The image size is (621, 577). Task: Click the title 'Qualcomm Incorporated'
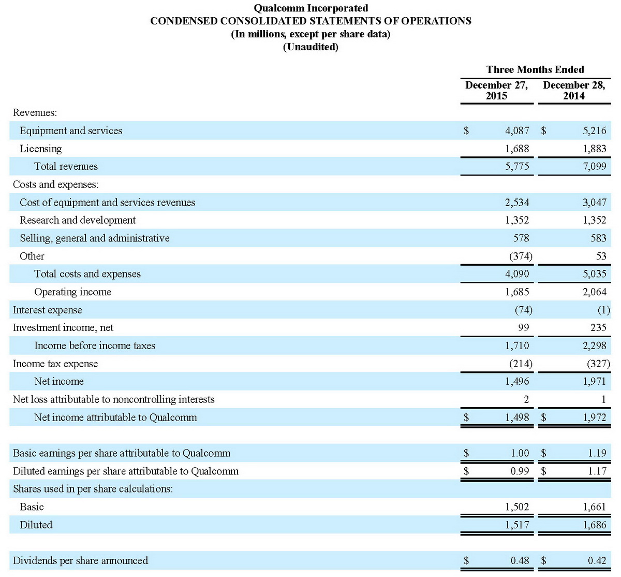[x=310, y=8]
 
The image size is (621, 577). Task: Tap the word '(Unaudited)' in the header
[x=310, y=47]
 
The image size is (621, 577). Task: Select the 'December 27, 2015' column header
[x=496, y=91]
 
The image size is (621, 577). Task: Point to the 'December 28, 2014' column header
[x=574, y=91]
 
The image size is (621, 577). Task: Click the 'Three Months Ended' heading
[x=535, y=70]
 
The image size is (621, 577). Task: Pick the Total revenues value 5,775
[x=517, y=167]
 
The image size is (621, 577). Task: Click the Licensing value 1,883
[x=594, y=149]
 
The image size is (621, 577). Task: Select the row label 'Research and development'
[x=78, y=220]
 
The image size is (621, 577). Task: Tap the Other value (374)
[x=521, y=256]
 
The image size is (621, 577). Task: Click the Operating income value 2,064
[x=594, y=292]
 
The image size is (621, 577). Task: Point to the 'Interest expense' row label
[x=47, y=310]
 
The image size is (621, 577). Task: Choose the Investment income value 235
[x=598, y=328]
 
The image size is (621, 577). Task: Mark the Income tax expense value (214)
[x=521, y=364]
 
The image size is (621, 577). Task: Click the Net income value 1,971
[x=594, y=382]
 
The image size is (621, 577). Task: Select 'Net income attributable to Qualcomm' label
[x=115, y=417]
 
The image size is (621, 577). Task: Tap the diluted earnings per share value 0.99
[x=520, y=471]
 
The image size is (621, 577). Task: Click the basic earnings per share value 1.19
[x=597, y=453]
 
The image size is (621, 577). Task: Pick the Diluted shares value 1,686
[x=594, y=525]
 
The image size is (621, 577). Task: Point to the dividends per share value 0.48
[x=520, y=561]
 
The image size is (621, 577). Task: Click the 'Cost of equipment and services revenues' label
[x=107, y=203]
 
